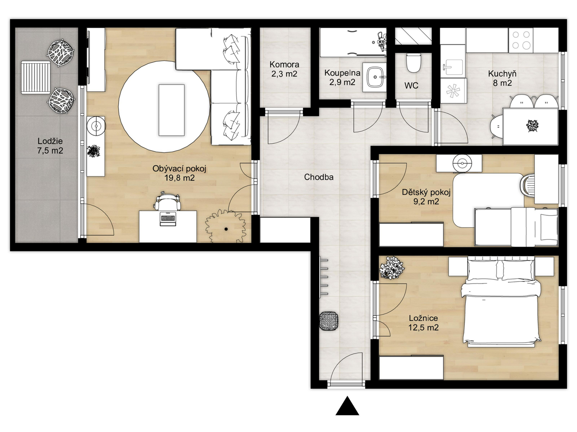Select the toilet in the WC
(x=414, y=63)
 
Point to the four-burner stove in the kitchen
(x=521, y=40)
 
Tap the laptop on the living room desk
(x=168, y=219)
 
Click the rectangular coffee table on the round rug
(x=171, y=110)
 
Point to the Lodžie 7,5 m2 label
(x=50, y=146)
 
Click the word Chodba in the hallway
(x=318, y=177)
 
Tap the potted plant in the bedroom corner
(x=392, y=268)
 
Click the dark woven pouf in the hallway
(x=329, y=321)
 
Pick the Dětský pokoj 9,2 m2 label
(x=426, y=197)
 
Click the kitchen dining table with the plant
(x=530, y=126)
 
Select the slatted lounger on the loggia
(x=35, y=77)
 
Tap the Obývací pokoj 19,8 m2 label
(x=179, y=174)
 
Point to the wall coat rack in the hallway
(x=323, y=277)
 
